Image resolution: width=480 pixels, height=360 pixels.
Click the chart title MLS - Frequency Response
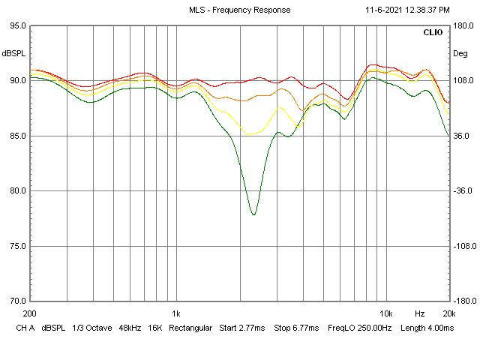pos(239,10)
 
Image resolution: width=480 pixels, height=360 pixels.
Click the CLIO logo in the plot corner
pos(433,33)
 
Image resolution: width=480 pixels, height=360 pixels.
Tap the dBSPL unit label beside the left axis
pos(13,54)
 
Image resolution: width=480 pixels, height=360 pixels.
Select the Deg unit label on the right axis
pos(460,54)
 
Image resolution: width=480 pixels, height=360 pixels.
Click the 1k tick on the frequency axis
pos(176,313)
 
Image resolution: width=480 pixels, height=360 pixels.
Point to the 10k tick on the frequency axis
pos(385,313)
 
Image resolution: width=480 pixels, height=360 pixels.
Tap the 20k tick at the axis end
pos(448,313)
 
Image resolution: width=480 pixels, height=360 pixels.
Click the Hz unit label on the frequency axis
pos(419,313)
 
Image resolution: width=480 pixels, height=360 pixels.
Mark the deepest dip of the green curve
pos(253,214)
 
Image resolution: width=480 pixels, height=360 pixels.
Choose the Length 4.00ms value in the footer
pos(427,328)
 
